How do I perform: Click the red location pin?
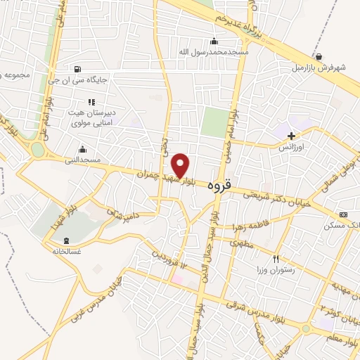click(181, 165)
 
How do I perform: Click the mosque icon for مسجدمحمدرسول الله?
click(214, 41)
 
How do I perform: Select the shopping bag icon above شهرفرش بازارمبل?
click(319, 57)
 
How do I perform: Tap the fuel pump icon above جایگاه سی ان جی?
click(77, 69)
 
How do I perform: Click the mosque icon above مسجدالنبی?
click(83, 149)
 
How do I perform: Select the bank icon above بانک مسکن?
click(343, 214)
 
